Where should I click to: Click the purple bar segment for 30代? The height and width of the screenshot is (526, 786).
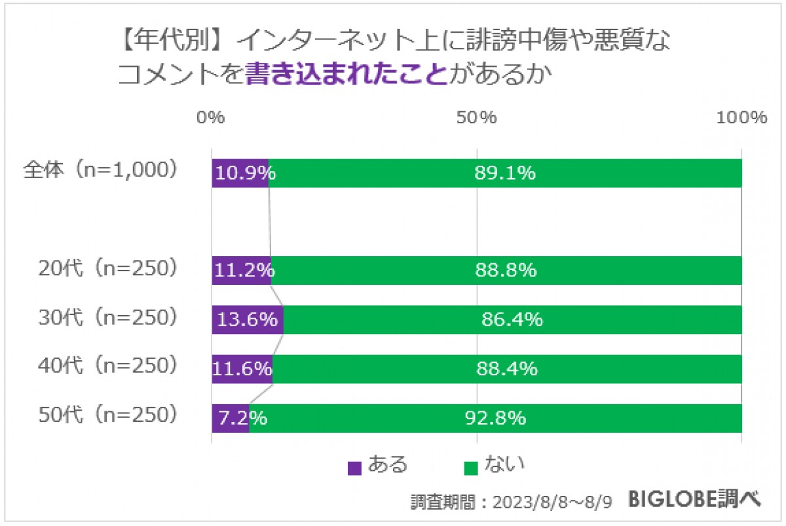[x=248, y=320]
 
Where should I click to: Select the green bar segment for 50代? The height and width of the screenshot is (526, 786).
[x=495, y=418]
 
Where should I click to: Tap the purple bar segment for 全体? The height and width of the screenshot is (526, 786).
[x=240, y=173]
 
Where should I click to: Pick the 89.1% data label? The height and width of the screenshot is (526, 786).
[x=505, y=174]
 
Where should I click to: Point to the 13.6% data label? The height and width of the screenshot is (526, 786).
[x=248, y=320]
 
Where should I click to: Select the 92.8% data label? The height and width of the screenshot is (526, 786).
[x=495, y=418]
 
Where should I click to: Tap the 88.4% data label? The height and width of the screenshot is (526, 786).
[x=507, y=369]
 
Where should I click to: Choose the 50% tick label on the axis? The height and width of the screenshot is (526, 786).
[x=477, y=118]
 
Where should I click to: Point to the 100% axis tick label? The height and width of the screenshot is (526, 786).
[x=741, y=118]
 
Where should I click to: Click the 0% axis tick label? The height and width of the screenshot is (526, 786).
[x=212, y=118]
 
